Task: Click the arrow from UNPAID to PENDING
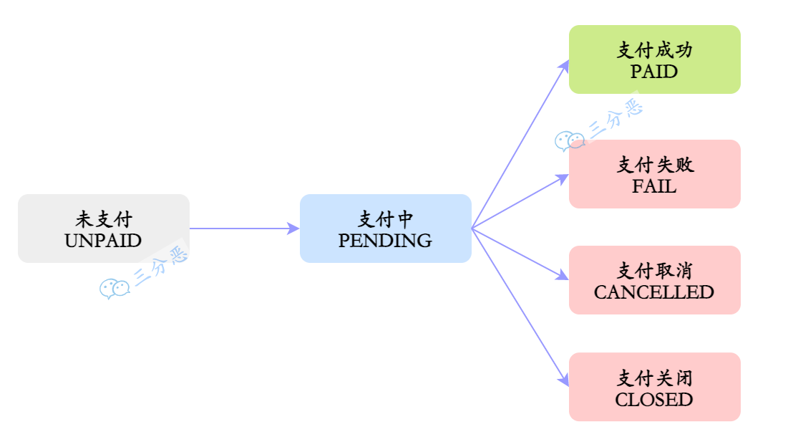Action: point(243,229)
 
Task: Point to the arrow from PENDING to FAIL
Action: point(519,202)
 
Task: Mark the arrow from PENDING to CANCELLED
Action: point(519,254)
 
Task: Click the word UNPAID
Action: point(103,241)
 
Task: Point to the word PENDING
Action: point(385,241)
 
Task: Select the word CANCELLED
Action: point(654,292)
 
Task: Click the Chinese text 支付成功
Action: point(654,50)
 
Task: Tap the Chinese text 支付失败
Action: point(654,165)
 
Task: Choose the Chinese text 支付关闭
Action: point(654,378)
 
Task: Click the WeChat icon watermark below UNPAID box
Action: point(114,288)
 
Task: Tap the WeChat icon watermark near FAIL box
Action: point(569,141)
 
